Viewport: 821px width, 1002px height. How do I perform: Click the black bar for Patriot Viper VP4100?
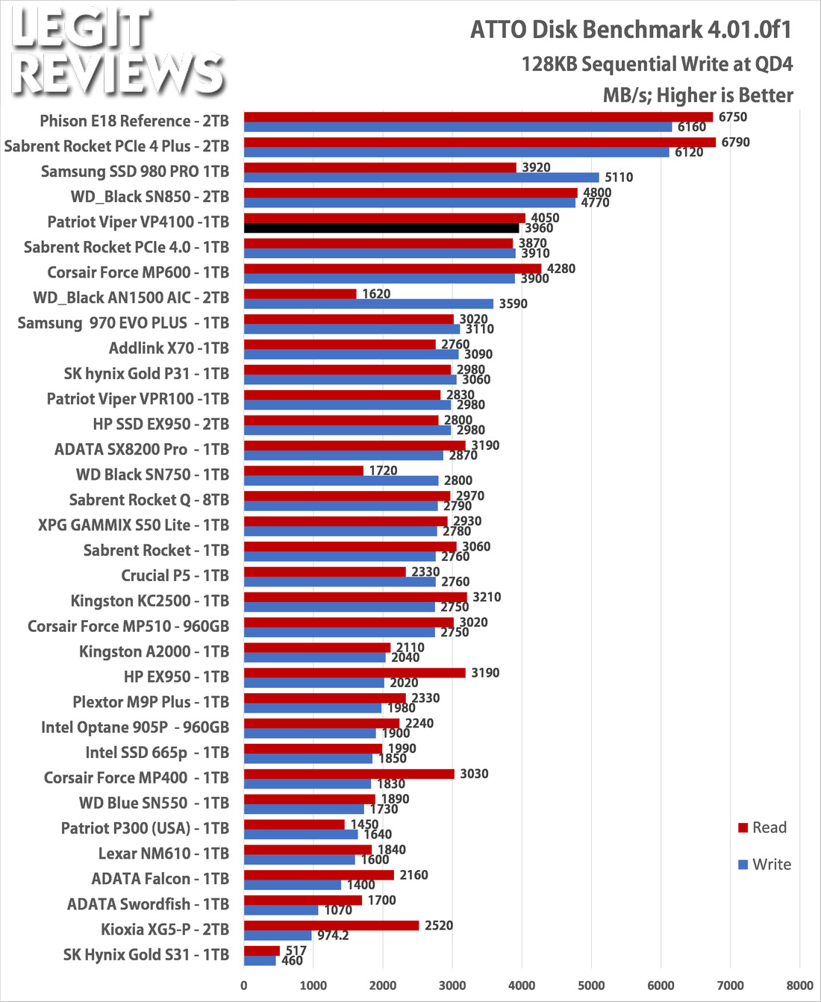pos(381,228)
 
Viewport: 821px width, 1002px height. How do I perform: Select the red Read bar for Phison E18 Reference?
pos(478,117)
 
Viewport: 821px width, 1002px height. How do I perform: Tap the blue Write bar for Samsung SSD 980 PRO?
pos(422,178)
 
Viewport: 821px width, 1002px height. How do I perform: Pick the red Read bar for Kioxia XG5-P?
pos(331,925)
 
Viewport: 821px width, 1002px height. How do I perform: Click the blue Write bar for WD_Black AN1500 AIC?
pos(369,304)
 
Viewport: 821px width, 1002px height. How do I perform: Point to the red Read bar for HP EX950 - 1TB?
pos(355,673)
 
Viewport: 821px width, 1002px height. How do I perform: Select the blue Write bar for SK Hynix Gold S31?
pos(260,961)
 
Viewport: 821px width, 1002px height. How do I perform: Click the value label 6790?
pos(735,142)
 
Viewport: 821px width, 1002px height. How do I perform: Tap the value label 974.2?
pos(333,936)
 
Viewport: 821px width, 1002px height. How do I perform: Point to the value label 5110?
pos(619,178)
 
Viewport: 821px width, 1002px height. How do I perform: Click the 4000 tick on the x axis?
pos(522,986)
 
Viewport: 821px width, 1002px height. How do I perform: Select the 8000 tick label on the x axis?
pos(799,986)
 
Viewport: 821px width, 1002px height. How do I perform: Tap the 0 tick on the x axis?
pos(244,986)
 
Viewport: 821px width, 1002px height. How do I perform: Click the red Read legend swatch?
pos(743,828)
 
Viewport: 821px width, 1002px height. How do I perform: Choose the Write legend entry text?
pos(772,864)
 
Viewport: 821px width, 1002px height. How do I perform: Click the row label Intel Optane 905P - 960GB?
pos(135,727)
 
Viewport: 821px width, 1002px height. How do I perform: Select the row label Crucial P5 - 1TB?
pos(175,576)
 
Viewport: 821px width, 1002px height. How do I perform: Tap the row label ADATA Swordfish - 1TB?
pos(148,904)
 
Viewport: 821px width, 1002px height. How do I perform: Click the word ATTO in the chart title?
pos(499,30)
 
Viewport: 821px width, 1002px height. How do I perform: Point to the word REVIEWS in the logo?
pos(118,74)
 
